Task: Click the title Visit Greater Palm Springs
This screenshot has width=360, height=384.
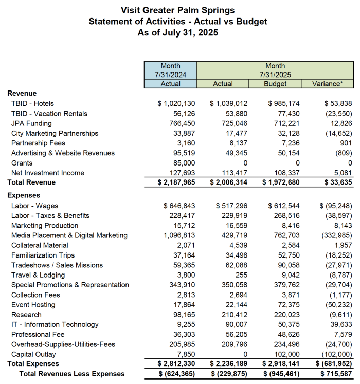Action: (177, 10)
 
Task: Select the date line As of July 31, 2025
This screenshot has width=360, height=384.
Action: (177, 32)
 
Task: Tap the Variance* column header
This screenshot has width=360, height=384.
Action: (328, 84)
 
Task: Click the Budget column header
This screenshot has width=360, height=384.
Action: (275, 84)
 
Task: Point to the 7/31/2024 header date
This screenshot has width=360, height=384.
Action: (170, 75)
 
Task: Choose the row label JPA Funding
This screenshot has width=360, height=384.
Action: (31, 123)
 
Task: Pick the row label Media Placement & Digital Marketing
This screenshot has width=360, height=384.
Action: (69, 235)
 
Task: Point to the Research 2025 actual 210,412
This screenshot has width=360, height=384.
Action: (235, 315)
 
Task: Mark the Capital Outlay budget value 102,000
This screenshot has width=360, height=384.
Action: (286, 354)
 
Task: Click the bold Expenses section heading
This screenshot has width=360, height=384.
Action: (24, 196)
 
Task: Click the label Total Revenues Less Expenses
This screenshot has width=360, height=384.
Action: (71, 374)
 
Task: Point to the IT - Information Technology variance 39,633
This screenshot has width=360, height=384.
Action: (339, 324)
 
